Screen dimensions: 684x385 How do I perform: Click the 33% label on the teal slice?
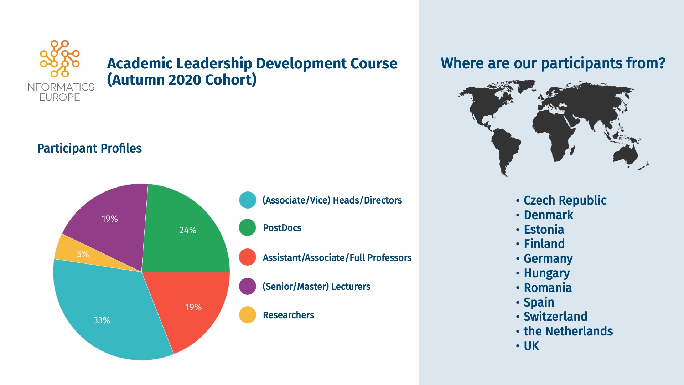point(102,320)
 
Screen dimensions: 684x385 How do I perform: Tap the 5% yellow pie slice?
point(82,254)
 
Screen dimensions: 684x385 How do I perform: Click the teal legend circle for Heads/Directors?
point(248,200)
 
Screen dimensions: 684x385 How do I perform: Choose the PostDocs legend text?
point(282,228)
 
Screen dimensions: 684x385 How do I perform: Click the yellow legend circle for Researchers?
point(248,315)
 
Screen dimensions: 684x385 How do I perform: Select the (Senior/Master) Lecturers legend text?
point(316,287)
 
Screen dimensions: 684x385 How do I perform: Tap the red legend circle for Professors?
point(248,257)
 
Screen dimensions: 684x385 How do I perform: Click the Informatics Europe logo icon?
point(59,59)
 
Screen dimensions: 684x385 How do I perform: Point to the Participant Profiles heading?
point(89,148)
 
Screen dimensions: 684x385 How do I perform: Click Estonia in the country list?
point(544,230)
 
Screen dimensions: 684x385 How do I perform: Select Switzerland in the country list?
point(555,317)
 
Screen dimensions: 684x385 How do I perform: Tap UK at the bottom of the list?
point(532,346)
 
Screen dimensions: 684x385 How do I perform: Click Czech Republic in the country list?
point(565,200)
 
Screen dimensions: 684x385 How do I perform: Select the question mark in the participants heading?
point(662,63)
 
